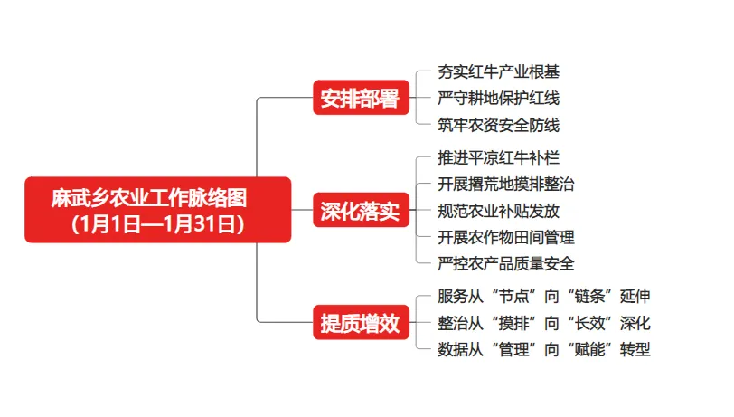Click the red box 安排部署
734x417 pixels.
(x=360, y=99)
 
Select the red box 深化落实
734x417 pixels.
(x=360, y=212)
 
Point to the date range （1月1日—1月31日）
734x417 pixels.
(x=156, y=223)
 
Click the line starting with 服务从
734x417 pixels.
(x=543, y=297)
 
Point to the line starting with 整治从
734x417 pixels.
(x=543, y=323)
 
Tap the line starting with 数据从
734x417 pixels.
(x=543, y=350)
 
